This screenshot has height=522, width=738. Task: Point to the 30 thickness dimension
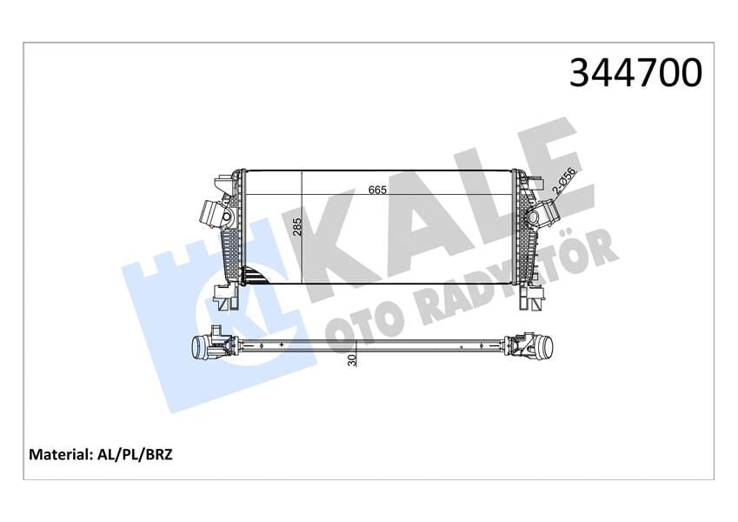click(352, 358)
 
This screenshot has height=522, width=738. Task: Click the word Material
click(62, 454)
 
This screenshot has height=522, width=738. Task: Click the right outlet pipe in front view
click(545, 211)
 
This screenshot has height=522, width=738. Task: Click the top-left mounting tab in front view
click(224, 183)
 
